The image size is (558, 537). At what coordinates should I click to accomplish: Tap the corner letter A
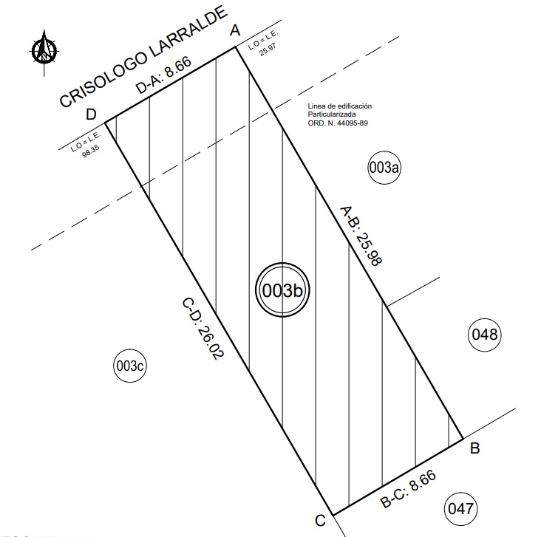pos(236,30)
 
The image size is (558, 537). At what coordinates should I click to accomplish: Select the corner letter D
pos(92,114)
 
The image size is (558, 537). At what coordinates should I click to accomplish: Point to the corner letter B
pos(475,447)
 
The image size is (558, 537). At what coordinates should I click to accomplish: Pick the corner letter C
pos(319,520)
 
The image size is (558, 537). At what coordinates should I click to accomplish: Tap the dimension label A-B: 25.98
pos(360,236)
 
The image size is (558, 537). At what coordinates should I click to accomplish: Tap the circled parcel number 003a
pos(384,168)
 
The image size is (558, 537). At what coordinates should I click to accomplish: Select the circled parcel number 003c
pos(132,366)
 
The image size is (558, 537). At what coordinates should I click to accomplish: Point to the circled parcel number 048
pos(486,335)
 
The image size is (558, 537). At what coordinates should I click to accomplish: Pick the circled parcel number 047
pos(460,509)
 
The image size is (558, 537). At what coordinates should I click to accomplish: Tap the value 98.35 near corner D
pos(91,151)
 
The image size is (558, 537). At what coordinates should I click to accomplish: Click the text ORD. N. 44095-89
pos(338,123)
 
